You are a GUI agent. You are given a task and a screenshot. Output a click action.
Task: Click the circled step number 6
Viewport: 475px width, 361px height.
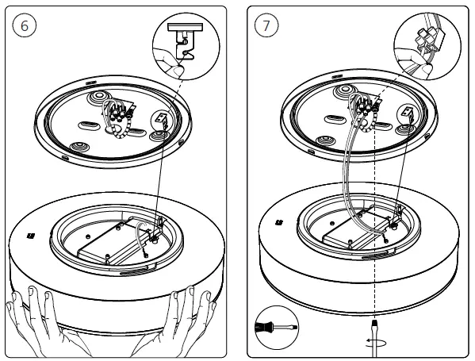[x=25, y=25]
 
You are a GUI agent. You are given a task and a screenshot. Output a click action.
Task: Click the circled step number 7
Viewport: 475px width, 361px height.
[x=266, y=25]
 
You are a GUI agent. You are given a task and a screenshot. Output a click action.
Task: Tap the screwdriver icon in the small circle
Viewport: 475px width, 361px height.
[x=277, y=328]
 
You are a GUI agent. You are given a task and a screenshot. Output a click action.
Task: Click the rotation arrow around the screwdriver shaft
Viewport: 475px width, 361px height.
[x=376, y=342]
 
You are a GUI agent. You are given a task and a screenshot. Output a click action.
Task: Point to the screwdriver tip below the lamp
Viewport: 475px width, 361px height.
[x=375, y=322]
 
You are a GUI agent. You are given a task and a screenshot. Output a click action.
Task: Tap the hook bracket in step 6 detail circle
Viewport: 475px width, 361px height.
[x=185, y=41]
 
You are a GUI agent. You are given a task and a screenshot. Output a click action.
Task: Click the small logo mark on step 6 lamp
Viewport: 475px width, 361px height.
[x=31, y=236]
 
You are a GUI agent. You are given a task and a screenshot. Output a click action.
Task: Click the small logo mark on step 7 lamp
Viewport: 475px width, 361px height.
[x=278, y=223]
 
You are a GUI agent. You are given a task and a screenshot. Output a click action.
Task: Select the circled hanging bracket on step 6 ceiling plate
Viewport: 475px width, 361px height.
[x=162, y=119]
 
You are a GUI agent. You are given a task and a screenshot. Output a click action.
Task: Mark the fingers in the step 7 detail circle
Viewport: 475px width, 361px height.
[x=413, y=62]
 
